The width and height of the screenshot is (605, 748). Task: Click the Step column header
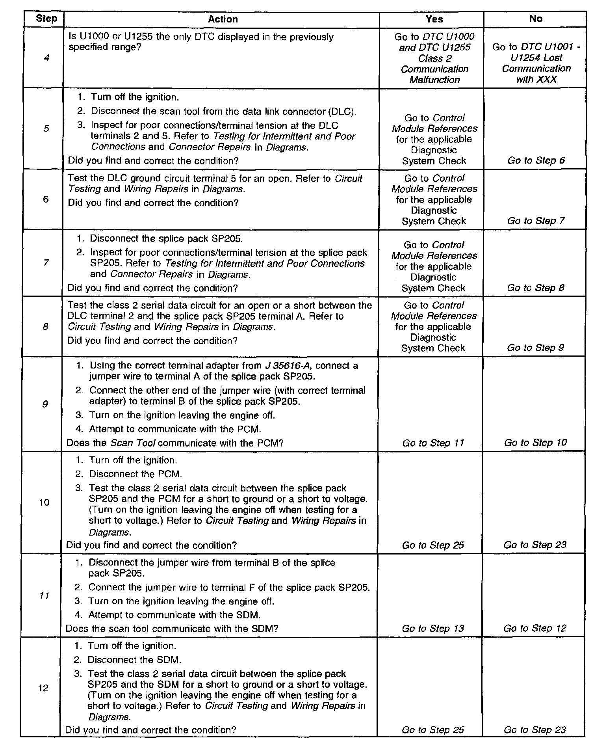tap(46, 19)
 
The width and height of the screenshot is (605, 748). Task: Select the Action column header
tap(223, 19)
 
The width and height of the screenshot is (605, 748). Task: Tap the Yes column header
tap(434, 19)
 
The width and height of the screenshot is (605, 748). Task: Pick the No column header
tap(536, 19)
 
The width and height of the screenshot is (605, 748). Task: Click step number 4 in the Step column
tap(46, 58)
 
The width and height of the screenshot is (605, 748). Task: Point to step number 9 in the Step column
tap(45, 404)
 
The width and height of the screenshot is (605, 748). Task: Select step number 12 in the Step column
tap(43, 688)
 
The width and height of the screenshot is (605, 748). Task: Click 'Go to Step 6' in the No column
tap(536, 160)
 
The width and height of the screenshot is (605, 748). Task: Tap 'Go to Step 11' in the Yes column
tap(433, 443)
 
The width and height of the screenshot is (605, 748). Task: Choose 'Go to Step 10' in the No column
tap(535, 443)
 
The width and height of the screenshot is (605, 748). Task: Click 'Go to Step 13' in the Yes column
tap(433, 629)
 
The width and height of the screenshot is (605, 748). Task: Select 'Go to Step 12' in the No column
tap(535, 628)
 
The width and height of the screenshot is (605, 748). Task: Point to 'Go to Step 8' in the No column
tap(535, 288)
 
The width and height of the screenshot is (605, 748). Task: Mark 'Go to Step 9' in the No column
tap(535, 348)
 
